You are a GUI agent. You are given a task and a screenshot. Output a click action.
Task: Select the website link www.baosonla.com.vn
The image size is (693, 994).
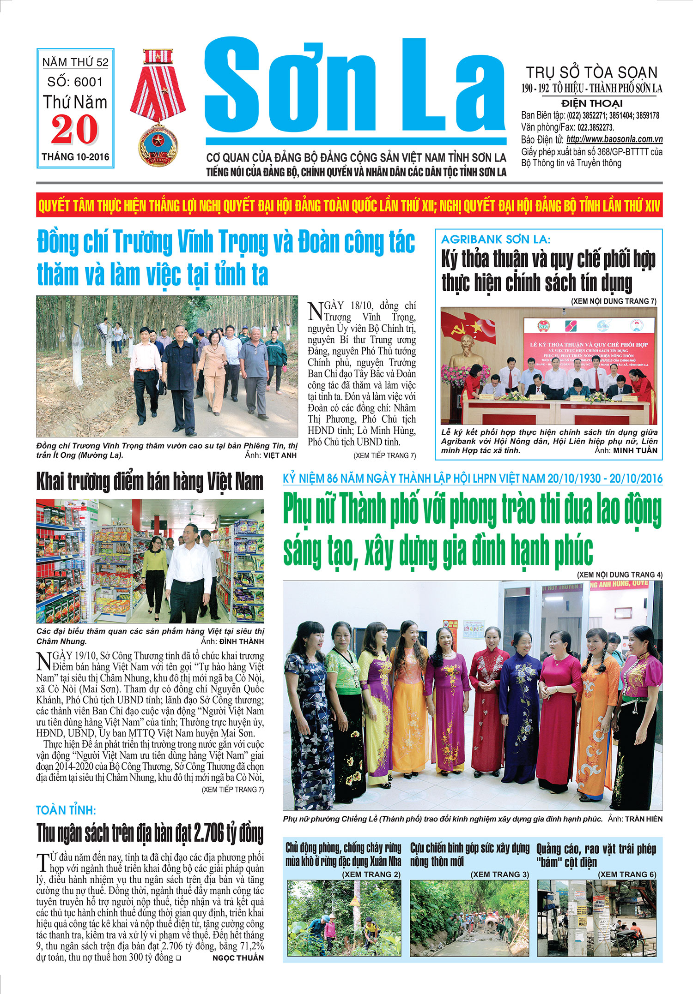coord(614,139)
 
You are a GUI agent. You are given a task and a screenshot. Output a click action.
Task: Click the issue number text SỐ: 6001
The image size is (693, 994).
coord(75,82)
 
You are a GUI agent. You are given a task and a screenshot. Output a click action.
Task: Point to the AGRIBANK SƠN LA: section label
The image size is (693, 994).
coord(495,240)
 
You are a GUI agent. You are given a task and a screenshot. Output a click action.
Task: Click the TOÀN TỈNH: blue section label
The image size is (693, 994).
coord(66,810)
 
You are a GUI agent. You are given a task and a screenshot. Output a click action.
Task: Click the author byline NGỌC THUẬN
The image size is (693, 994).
coord(238,958)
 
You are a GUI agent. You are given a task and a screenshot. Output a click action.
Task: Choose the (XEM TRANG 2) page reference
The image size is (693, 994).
coord(371,874)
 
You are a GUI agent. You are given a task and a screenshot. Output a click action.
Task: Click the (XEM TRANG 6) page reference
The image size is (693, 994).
coord(627,874)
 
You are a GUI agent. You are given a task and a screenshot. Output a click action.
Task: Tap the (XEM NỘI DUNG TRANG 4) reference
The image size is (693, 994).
coord(620,575)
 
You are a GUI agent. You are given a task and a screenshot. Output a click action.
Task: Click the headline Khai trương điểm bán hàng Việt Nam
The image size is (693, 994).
coord(150,482)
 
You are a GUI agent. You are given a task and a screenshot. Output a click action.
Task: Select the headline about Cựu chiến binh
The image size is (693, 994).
coord(469,854)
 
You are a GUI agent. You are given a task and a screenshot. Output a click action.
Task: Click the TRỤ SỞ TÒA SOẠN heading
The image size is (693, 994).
coord(591,73)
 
